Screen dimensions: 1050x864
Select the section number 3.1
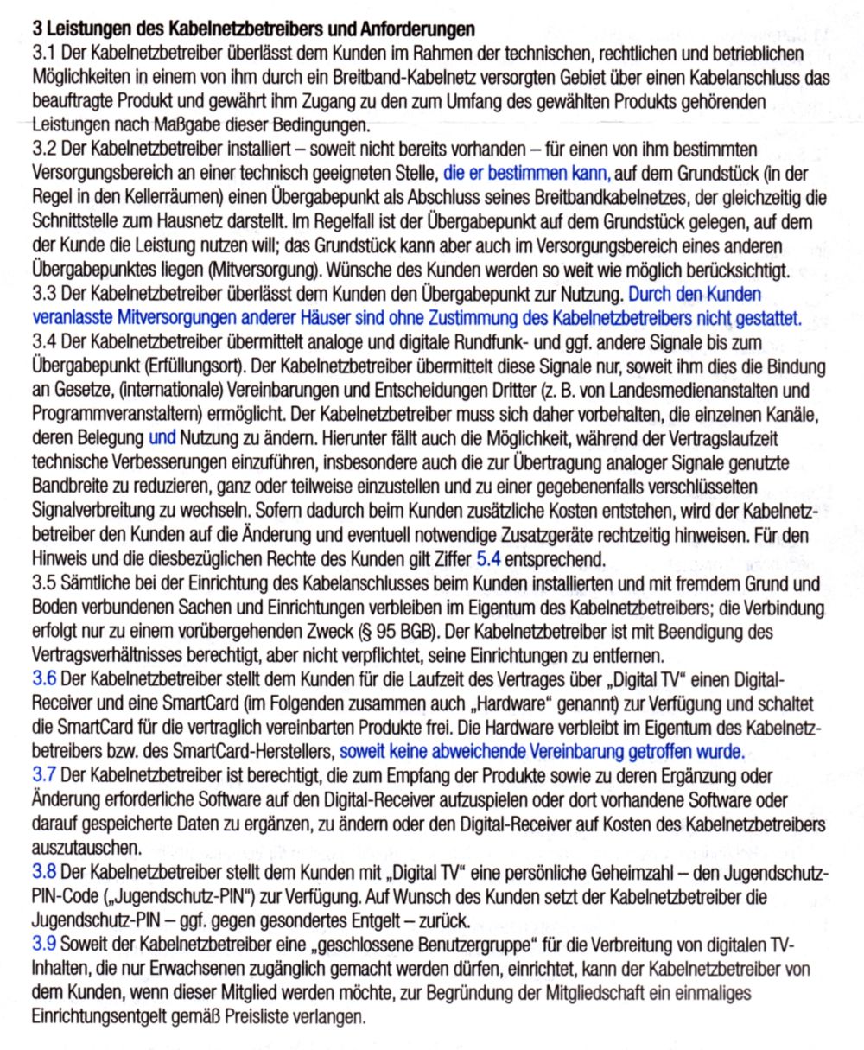42,54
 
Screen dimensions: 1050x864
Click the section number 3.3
42,283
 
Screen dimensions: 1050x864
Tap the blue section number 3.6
42,674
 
